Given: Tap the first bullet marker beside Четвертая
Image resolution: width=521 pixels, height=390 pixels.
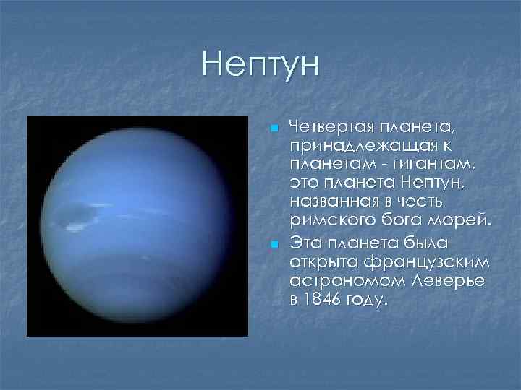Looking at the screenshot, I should [274, 128].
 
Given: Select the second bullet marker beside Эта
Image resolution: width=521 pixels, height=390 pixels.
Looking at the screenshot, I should [274, 247].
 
